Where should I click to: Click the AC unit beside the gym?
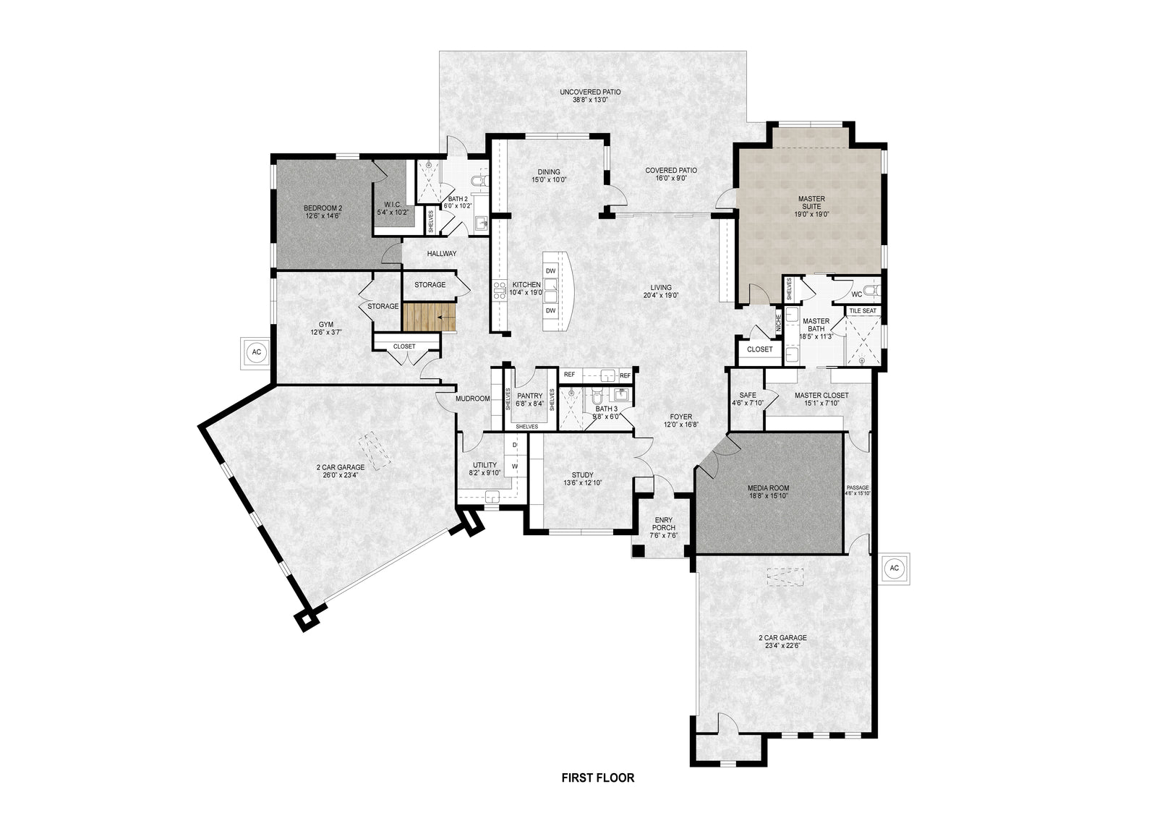point(255,352)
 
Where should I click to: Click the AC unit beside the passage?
point(894,568)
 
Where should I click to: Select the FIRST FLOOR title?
point(597,778)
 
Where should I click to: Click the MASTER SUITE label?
point(811,206)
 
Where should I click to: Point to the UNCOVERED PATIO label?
point(590,96)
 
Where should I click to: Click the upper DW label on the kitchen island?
point(550,270)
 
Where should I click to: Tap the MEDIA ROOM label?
point(768,492)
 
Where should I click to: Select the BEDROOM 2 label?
point(323,212)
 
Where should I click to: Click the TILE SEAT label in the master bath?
point(863,311)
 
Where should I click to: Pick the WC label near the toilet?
point(856,294)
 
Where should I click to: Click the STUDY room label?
point(582,479)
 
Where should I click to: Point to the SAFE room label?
point(748,399)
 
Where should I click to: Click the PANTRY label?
point(530,400)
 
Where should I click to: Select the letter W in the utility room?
point(515,466)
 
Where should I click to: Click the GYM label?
point(326,328)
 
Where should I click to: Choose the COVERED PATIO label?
point(671,174)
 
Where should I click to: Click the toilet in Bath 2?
point(479,180)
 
